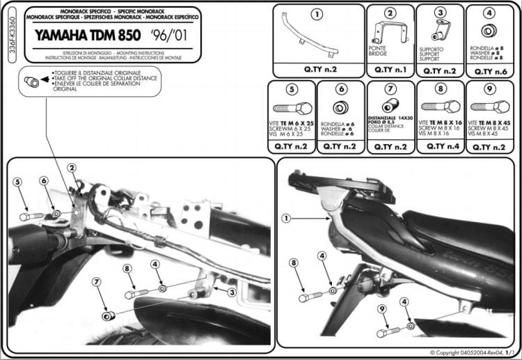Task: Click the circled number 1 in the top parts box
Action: pyautogui.click(x=317, y=15)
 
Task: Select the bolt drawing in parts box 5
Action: pyautogui.click(x=289, y=109)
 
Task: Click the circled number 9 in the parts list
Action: pyautogui.click(x=489, y=88)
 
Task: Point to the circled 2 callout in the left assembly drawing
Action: pyautogui.click(x=72, y=167)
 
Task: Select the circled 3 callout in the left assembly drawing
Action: pyautogui.click(x=231, y=292)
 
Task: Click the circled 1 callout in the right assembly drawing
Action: pyautogui.click(x=285, y=218)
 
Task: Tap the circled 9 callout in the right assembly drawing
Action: pyautogui.click(x=381, y=308)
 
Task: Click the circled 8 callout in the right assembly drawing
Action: pyautogui.click(x=294, y=263)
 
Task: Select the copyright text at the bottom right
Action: pyautogui.click(x=475, y=353)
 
